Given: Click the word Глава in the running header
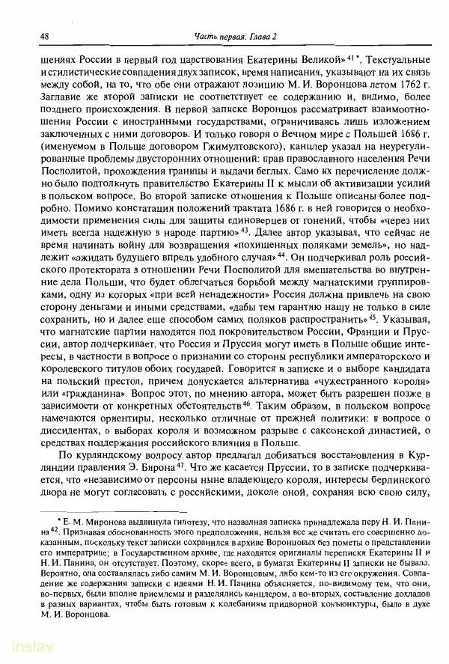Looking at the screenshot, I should (249, 37).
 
